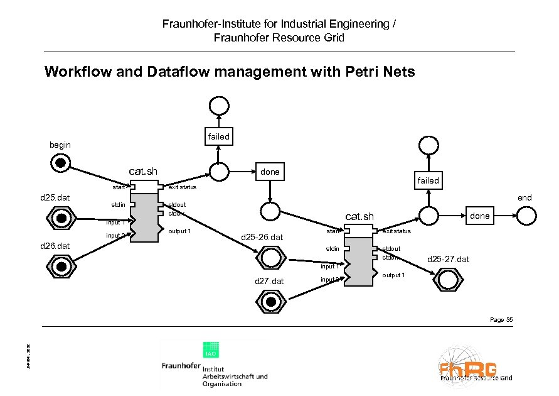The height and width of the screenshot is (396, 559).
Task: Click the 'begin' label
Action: pyautogui.click(x=60, y=145)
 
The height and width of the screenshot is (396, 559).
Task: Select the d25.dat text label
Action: pyautogui.click(x=54, y=198)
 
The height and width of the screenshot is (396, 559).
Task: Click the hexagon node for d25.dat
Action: pyautogui.click(x=61, y=219)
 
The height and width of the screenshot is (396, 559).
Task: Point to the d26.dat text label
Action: pyautogui.click(x=55, y=245)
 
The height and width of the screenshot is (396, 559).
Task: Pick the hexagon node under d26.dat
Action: pyautogui.click(x=61, y=265)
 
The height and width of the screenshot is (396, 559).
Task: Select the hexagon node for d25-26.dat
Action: pyautogui.click(x=270, y=258)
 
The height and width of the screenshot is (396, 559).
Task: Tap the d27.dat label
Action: pyautogui.click(x=270, y=281)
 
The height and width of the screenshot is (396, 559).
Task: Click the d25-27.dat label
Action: pyautogui.click(x=448, y=259)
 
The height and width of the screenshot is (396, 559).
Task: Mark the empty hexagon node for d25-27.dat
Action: pyautogui.click(x=448, y=279)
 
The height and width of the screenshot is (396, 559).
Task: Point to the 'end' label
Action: pyautogui.click(x=524, y=197)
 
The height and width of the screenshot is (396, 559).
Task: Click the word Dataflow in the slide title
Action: pyautogui.click(x=178, y=72)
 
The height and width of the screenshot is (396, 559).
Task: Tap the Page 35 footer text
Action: pyautogui.click(x=501, y=320)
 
